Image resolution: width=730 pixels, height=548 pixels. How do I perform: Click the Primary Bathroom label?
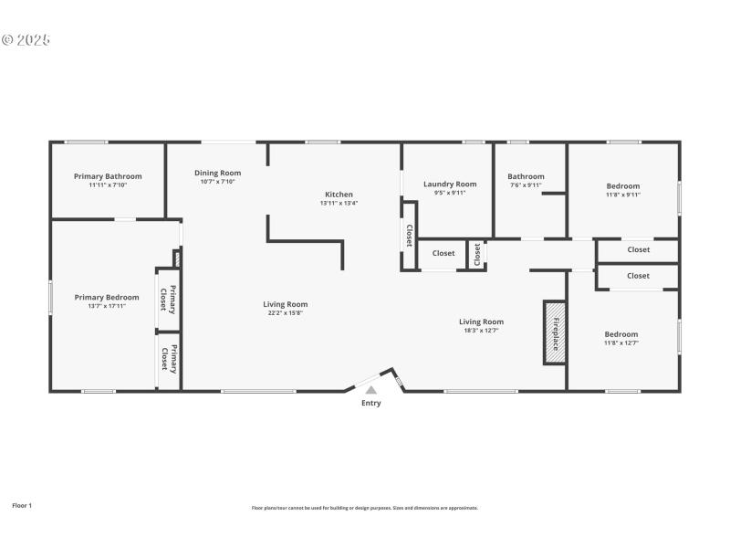(x=108, y=176)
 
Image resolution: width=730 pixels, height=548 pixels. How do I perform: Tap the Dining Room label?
(x=217, y=173)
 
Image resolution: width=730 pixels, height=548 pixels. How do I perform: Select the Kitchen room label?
(x=339, y=194)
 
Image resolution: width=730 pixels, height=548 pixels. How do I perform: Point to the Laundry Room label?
(x=450, y=184)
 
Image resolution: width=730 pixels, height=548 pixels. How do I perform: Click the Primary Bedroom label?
(x=107, y=297)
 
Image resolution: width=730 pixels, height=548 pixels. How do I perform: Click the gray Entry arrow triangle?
(x=370, y=390)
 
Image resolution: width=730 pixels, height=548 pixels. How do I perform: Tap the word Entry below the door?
(x=371, y=403)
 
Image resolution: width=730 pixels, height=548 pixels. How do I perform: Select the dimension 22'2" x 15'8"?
(x=286, y=313)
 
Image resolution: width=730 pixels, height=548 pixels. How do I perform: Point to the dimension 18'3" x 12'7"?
(x=481, y=331)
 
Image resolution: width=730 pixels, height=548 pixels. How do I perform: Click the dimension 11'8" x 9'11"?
(x=623, y=195)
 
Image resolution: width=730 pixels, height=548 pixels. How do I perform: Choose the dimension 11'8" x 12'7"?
(x=620, y=343)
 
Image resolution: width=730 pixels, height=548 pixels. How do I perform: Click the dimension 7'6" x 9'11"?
(x=526, y=185)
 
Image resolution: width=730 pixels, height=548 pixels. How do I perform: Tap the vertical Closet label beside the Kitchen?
(x=409, y=236)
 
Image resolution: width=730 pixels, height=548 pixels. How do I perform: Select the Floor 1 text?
(x=22, y=505)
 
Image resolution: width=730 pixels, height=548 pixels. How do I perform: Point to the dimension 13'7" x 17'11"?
(x=107, y=306)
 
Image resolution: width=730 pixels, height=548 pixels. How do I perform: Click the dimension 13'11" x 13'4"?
(x=339, y=203)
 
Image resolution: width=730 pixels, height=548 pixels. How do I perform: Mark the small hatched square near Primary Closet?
(x=177, y=259)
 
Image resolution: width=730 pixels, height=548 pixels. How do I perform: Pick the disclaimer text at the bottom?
(x=365, y=508)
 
